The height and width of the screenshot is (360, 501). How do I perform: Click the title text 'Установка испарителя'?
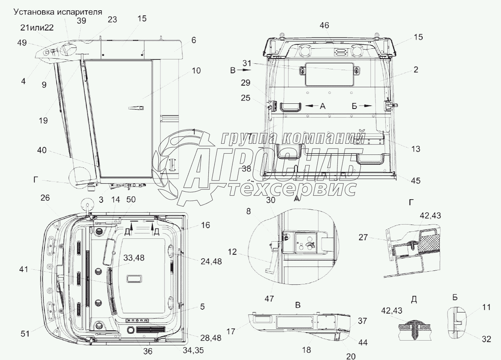click(x=58, y=12)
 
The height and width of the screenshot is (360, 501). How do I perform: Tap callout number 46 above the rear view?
click(x=324, y=25)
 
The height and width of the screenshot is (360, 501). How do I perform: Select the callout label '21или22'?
click(x=37, y=28)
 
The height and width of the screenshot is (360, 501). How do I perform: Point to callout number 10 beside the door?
click(x=196, y=70)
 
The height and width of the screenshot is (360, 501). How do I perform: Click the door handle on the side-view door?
click(x=136, y=108)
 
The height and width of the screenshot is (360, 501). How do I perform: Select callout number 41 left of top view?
click(x=24, y=269)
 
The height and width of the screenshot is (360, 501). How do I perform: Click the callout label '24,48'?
click(x=211, y=261)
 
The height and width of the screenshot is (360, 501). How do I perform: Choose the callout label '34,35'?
click(x=193, y=350)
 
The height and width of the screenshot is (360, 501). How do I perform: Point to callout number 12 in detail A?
click(x=232, y=252)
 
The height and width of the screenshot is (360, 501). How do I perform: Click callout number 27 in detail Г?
click(x=363, y=237)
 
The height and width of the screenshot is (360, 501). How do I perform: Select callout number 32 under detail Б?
click(x=486, y=339)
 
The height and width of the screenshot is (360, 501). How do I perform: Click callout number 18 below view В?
click(x=306, y=350)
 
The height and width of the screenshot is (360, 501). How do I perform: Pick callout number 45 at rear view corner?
click(x=415, y=181)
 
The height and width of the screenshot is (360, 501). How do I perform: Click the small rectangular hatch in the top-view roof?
click(x=134, y=278)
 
